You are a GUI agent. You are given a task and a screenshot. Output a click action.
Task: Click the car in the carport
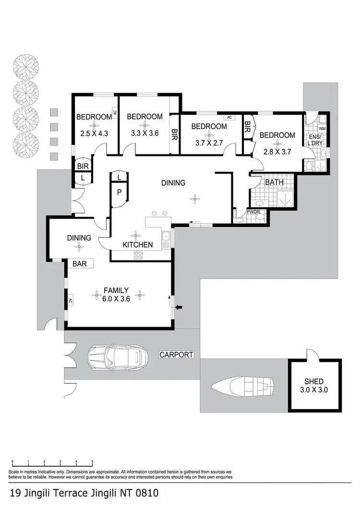pos(117,357)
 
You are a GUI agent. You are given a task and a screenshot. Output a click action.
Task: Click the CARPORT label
pos(177,355)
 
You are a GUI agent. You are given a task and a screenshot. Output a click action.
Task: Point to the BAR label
pos(80,263)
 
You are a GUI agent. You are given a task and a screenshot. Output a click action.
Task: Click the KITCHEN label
pos(137,245)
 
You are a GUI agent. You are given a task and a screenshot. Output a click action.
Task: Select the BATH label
pos(274,183)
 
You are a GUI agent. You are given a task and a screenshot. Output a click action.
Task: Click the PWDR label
pos(253,212)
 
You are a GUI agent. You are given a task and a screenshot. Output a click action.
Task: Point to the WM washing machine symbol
pos(322,129)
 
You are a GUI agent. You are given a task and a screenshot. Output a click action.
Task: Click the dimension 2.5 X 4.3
pos(94,134)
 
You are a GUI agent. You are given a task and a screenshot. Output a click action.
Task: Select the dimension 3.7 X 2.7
pos(209,142)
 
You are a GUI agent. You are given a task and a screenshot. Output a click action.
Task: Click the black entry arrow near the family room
pos(179,307)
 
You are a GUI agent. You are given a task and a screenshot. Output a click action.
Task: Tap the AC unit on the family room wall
pos(70,301)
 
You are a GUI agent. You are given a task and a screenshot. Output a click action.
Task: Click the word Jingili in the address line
pos(47,493)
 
